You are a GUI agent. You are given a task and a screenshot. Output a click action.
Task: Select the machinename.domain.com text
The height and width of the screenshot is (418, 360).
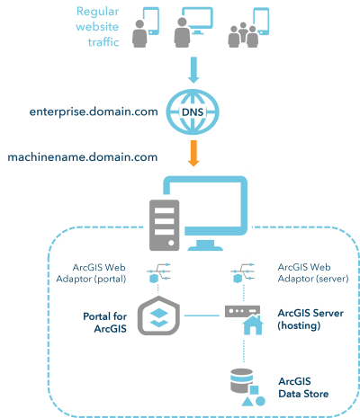(83, 156)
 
